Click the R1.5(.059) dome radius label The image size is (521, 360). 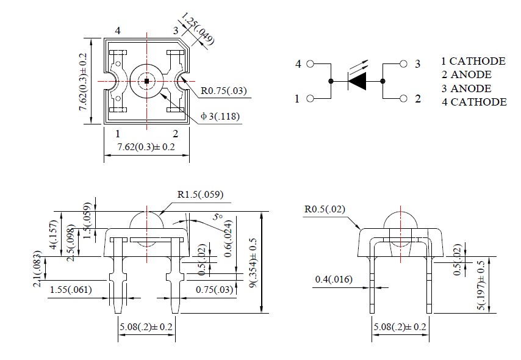200,195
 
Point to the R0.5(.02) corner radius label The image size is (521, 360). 325,209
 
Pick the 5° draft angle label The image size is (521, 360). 217,217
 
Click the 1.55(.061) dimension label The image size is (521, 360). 71,290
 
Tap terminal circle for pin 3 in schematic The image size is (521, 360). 403,63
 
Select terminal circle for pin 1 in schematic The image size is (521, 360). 310,98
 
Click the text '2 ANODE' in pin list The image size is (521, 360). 467,74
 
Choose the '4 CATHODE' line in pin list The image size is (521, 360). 474,102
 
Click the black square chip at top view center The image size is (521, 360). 146,81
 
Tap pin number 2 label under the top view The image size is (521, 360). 175,134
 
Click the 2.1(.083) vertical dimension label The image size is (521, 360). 38,273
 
